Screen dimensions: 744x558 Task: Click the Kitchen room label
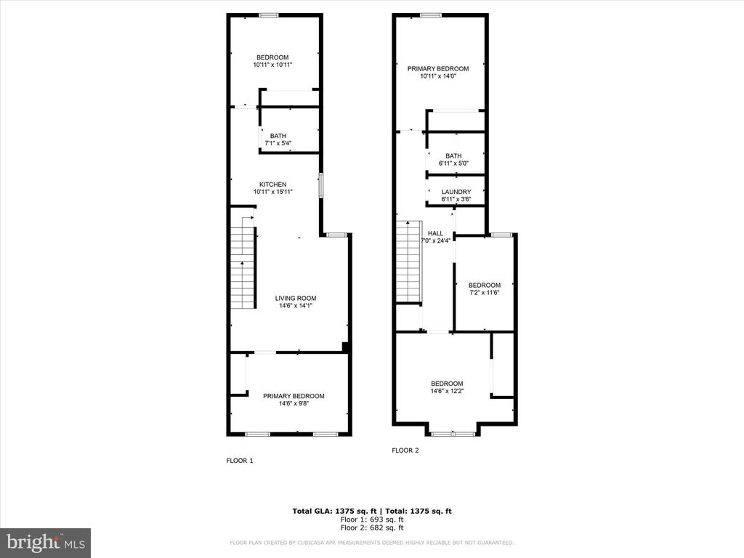pos(273,185)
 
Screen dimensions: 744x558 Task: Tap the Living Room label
pos(296,299)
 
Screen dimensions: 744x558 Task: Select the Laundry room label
pos(456,192)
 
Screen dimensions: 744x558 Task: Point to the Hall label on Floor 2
pos(435,233)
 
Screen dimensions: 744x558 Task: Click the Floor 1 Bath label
pos(278,136)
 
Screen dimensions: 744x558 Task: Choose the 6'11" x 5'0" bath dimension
pos(453,163)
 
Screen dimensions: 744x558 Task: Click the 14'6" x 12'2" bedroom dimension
pos(447,392)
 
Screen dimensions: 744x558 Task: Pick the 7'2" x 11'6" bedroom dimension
pos(485,293)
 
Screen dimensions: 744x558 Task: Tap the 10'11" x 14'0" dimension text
pos(438,76)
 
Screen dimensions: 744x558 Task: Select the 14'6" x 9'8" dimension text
pos(294,404)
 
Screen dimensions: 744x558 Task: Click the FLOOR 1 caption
pos(240,461)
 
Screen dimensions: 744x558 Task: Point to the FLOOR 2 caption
pos(405,450)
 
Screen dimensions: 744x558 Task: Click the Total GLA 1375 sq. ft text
pos(334,511)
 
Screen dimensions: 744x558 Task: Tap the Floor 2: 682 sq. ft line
pos(372,527)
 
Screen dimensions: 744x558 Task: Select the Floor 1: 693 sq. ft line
pos(372,519)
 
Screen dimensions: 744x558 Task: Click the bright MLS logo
pos(46,543)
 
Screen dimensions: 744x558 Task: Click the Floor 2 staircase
pos(409,262)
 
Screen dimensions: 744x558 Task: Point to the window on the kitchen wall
pos(320,185)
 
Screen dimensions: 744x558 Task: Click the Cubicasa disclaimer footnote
pos(371,543)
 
